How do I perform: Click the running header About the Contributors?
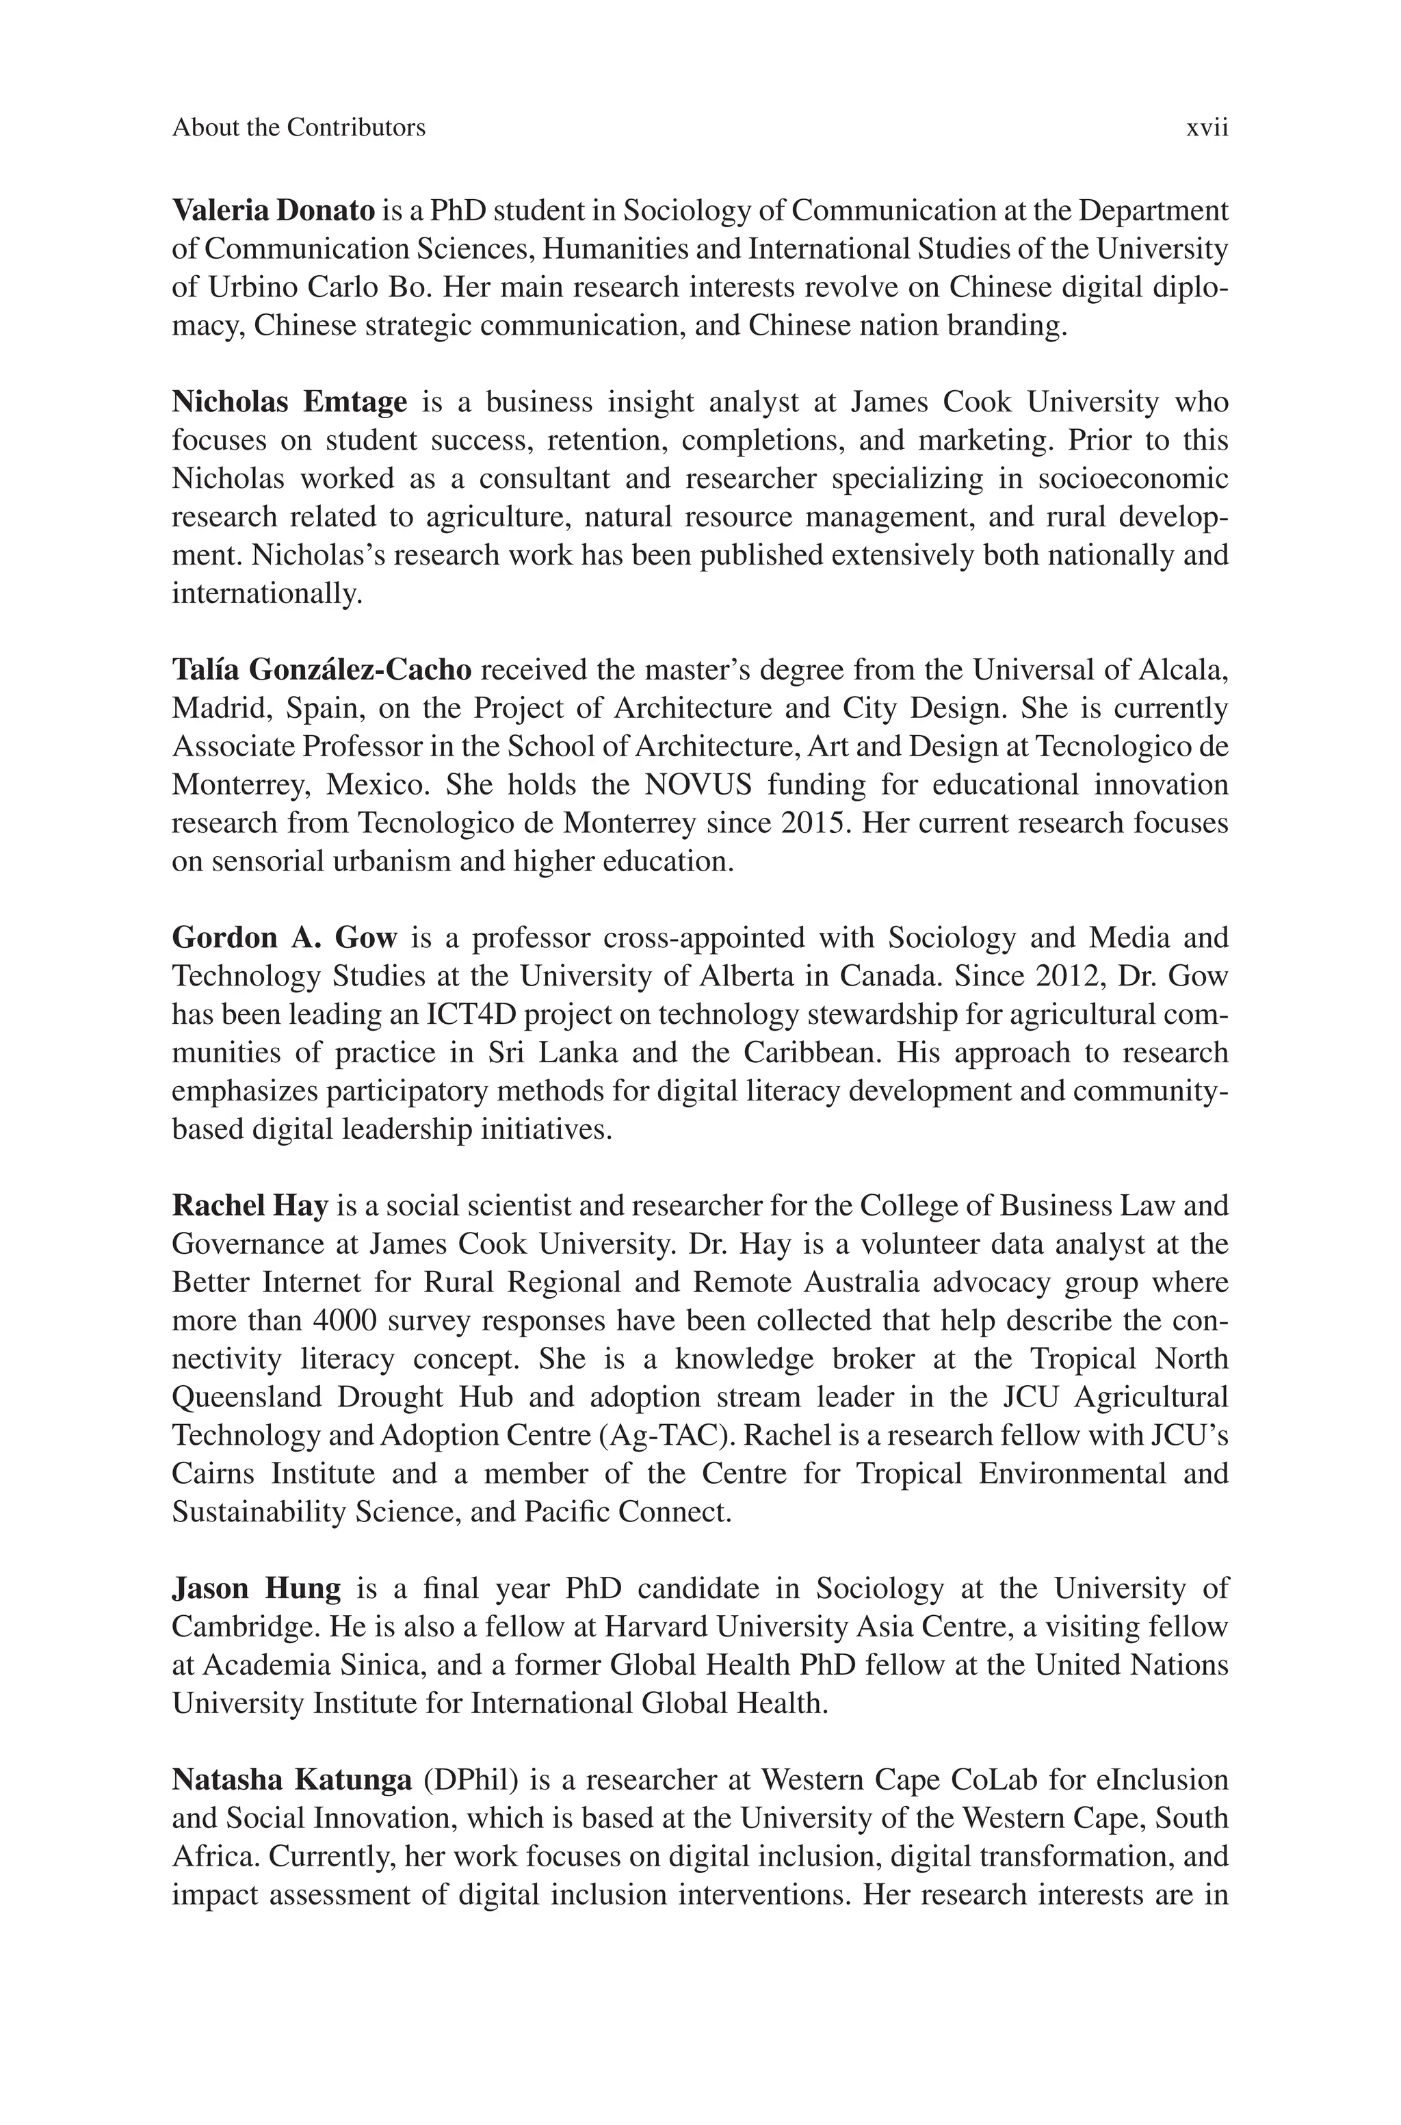[298, 128]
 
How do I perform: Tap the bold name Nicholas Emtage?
[289, 402]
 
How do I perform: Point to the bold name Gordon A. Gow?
[284, 938]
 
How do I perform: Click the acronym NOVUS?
[698, 784]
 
